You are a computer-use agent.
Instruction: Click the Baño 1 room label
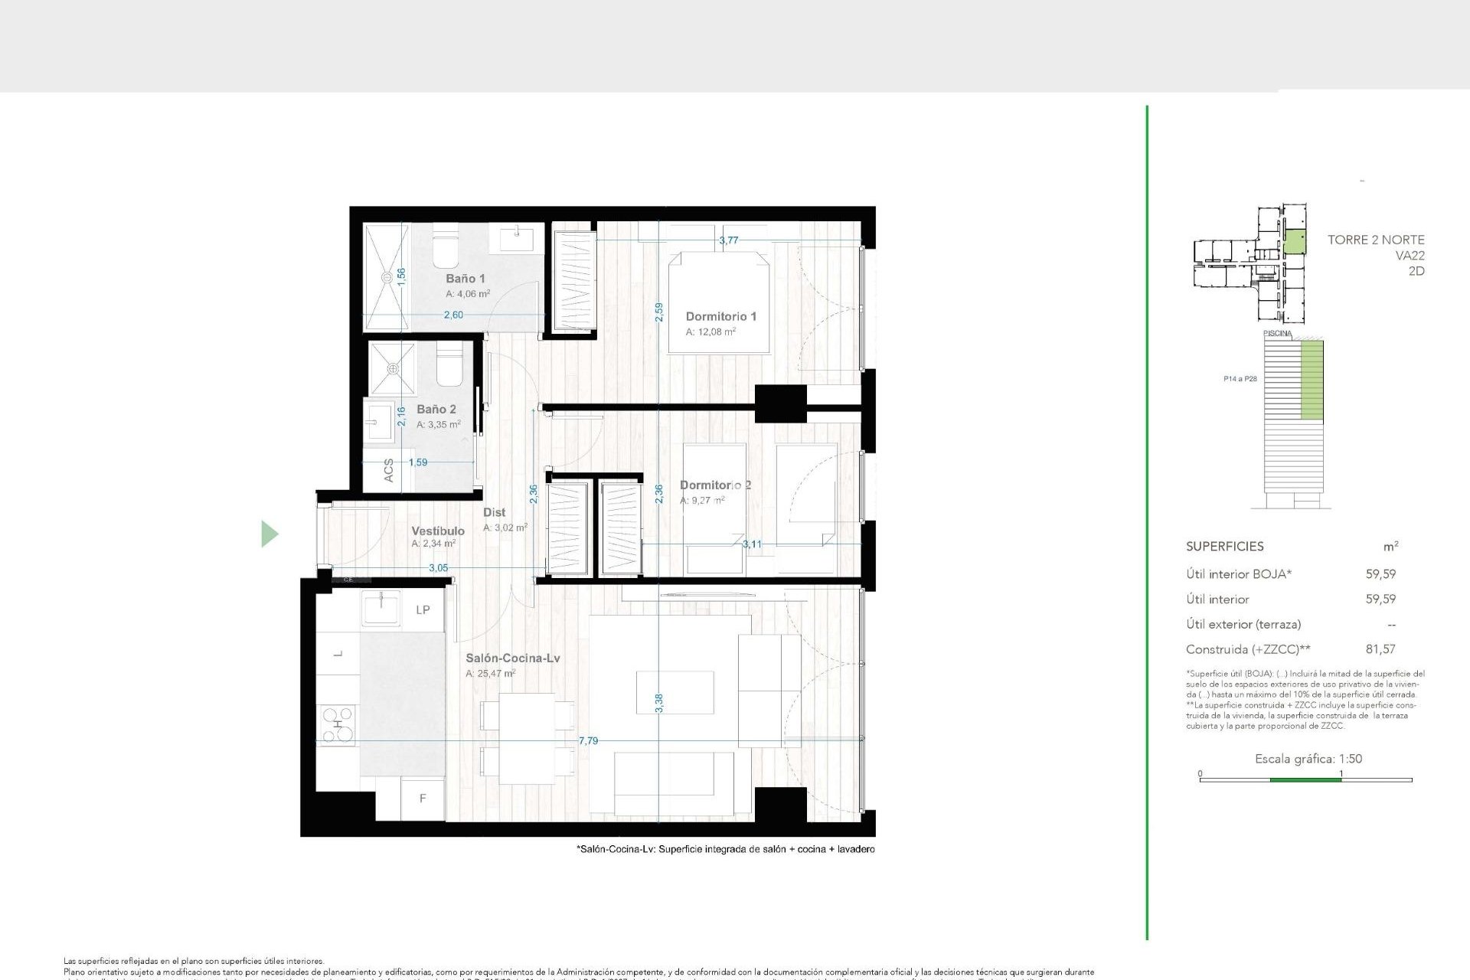click(465, 279)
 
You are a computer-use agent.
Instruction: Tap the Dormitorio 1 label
click(720, 316)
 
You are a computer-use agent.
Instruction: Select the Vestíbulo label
click(437, 531)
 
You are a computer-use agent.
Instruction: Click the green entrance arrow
click(269, 534)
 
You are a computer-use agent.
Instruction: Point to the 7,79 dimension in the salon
click(588, 740)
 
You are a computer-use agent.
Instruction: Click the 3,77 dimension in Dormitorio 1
click(728, 240)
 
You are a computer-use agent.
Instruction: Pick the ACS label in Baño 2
click(388, 470)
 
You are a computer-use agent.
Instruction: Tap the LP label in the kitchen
click(423, 610)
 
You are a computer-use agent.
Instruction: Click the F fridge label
click(422, 799)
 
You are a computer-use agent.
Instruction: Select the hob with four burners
click(338, 724)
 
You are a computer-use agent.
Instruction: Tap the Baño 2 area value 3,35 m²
click(438, 424)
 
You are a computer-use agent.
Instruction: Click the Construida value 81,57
click(1380, 649)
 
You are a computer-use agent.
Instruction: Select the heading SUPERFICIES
click(1224, 547)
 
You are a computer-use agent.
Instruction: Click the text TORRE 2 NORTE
click(1375, 240)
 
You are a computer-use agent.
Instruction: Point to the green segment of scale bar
click(1305, 779)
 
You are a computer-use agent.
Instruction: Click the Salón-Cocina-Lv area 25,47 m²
click(490, 674)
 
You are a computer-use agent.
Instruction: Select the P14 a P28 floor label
click(1240, 379)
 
